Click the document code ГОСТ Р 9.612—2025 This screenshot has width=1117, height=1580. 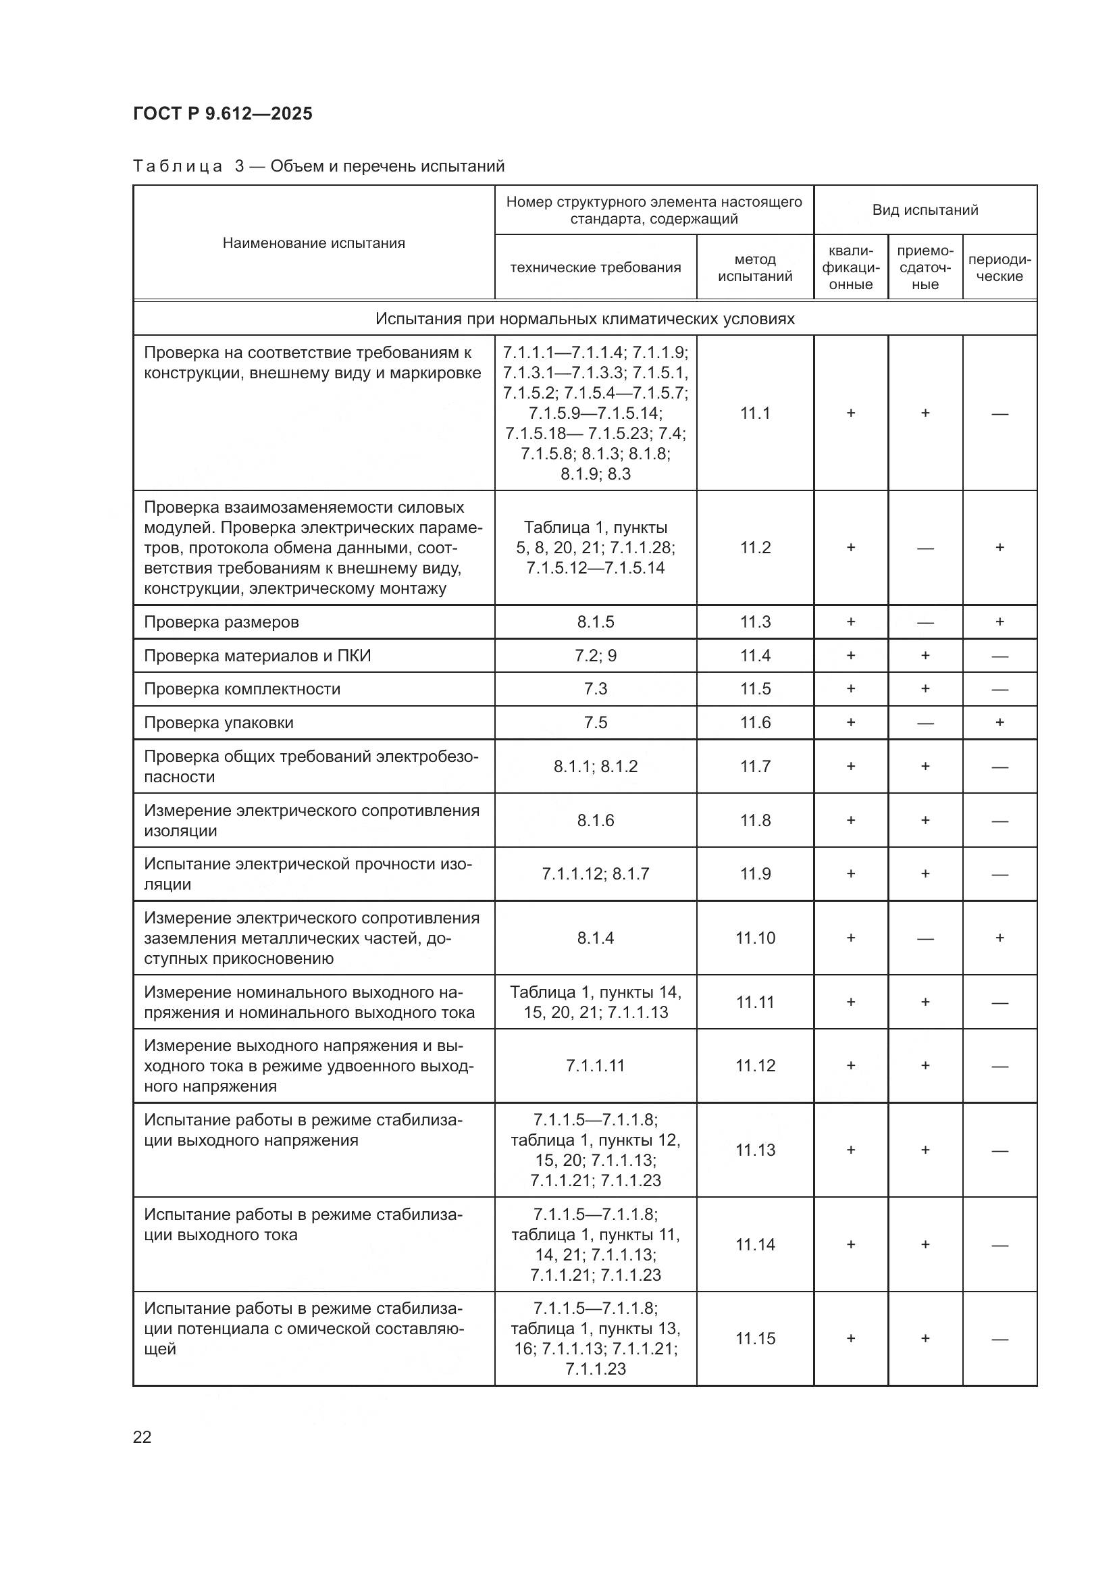[222, 113]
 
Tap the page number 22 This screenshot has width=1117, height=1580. [142, 1437]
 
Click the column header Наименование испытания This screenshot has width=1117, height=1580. [313, 243]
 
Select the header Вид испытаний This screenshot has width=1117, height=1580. [925, 210]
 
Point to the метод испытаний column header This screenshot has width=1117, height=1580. [755, 267]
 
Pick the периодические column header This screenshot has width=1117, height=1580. [999, 267]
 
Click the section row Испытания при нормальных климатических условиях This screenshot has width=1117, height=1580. [585, 319]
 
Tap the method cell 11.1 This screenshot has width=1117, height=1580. [755, 413]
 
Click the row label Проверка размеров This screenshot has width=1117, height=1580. [222, 622]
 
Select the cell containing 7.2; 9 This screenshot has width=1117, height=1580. [596, 656]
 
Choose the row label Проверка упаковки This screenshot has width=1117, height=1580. [219, 723]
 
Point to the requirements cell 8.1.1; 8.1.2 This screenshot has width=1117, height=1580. [596, 767]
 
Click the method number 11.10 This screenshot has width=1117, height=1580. [755, 938]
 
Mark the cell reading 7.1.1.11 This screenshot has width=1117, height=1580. [596, 1065]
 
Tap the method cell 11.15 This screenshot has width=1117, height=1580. [755, 1338]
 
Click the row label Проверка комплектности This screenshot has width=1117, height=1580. [242, 689]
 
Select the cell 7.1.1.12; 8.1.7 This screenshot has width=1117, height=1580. [596, 874]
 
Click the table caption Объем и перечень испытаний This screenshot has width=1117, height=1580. [387, 167]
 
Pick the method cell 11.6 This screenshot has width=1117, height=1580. [755, 723]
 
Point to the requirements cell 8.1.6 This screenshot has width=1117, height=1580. [596, 820]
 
